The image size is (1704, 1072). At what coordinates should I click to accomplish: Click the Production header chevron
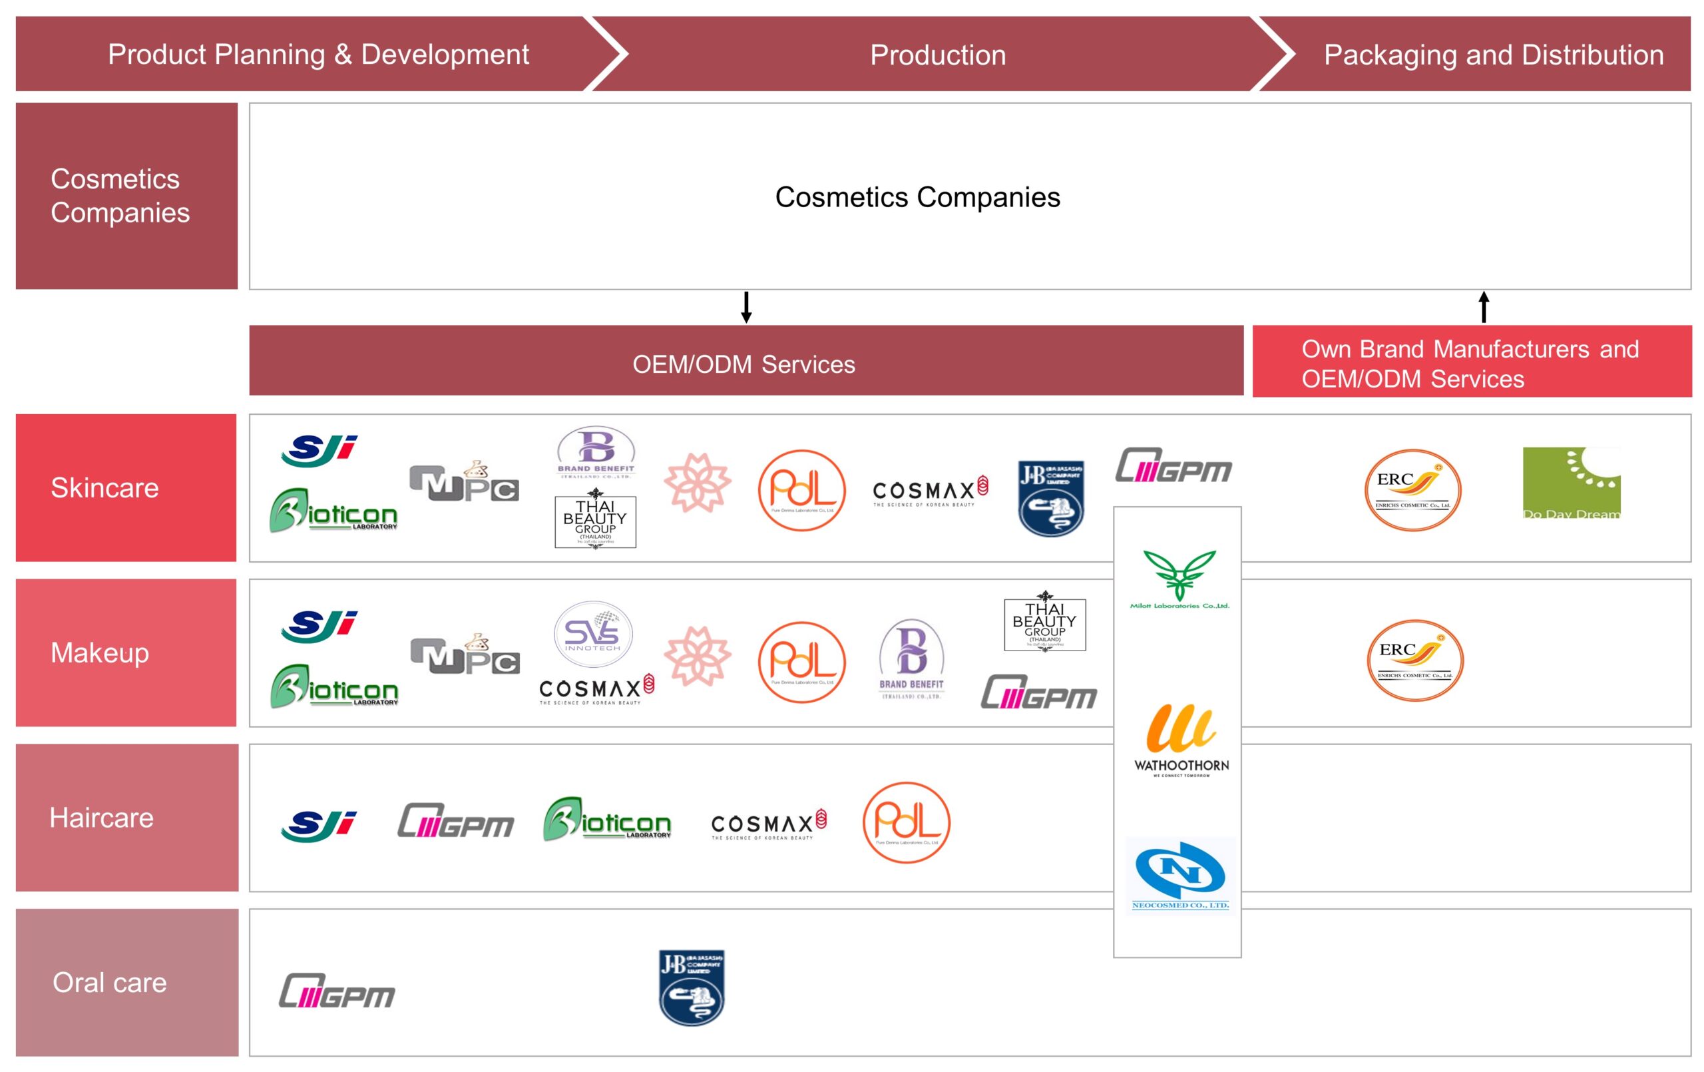click(937, 55)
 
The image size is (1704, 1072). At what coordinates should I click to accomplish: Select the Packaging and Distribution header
click(1493, 55)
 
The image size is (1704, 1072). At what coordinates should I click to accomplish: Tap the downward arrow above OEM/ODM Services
click(746, 308)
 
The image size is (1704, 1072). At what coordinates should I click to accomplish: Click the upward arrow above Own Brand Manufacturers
click(1484, 308)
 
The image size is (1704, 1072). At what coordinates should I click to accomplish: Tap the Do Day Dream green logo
click(1571, 483)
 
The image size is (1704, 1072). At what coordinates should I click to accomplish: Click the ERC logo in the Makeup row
click(1414, 660)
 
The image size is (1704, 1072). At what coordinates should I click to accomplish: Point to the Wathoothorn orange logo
click(1181, 738)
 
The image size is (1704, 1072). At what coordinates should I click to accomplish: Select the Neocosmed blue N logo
click(1180, 875)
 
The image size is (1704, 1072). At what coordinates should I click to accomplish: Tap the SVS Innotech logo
click(593, 634)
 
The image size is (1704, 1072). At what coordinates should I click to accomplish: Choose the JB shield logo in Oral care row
click(692, 987)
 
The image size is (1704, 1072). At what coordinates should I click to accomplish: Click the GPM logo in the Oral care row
click(337, 991)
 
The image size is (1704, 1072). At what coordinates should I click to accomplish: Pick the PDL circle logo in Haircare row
click(907, 822)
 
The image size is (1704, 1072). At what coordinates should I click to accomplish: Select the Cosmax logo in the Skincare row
click(930, 491)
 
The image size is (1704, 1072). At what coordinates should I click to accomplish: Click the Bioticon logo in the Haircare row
click(607, 820)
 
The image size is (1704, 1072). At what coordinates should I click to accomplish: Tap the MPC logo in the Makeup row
click(465, 655)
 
